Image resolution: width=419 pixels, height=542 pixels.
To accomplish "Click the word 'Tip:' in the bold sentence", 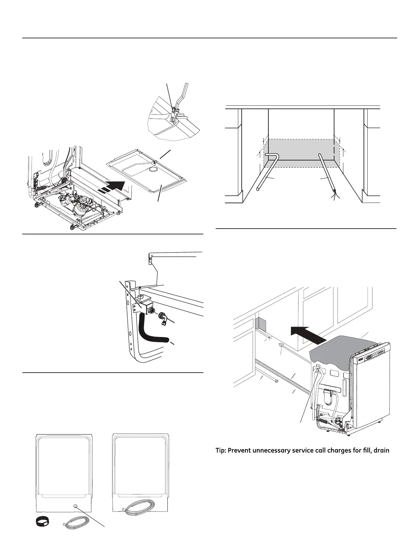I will pyautogui.click(x=222, y=450).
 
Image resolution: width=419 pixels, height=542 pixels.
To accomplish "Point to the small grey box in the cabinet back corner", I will pyautogui.click(x=260, y=323).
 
